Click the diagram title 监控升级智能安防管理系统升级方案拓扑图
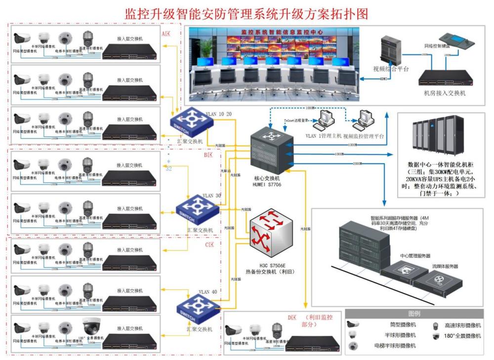point(247,13)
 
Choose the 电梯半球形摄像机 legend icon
point(352,346)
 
